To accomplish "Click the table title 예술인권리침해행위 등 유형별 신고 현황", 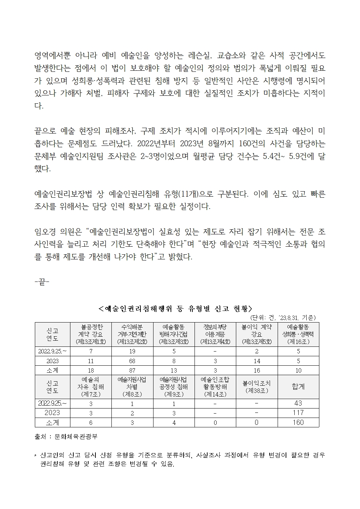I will tap(175, 309).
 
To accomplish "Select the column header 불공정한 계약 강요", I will tap(91, 334).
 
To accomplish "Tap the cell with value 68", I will tap(132, 361).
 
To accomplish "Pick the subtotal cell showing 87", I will tap(132, 370).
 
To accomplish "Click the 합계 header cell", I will tap(298, 387).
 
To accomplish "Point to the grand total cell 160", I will tap(298, 422).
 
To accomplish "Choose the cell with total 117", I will tap(298, 413).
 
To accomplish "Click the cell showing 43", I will tap(298, 403).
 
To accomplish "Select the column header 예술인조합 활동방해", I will tap(215, 387).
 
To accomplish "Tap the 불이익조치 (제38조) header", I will tap(257, 387).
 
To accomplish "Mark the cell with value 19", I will tap(132, 351).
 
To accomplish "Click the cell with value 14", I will tap(257, 361).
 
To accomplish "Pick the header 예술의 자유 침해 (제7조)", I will tap(91, 387).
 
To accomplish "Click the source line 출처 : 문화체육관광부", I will tap(66, 437).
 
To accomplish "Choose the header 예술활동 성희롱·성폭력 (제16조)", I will tap(298, 334).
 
